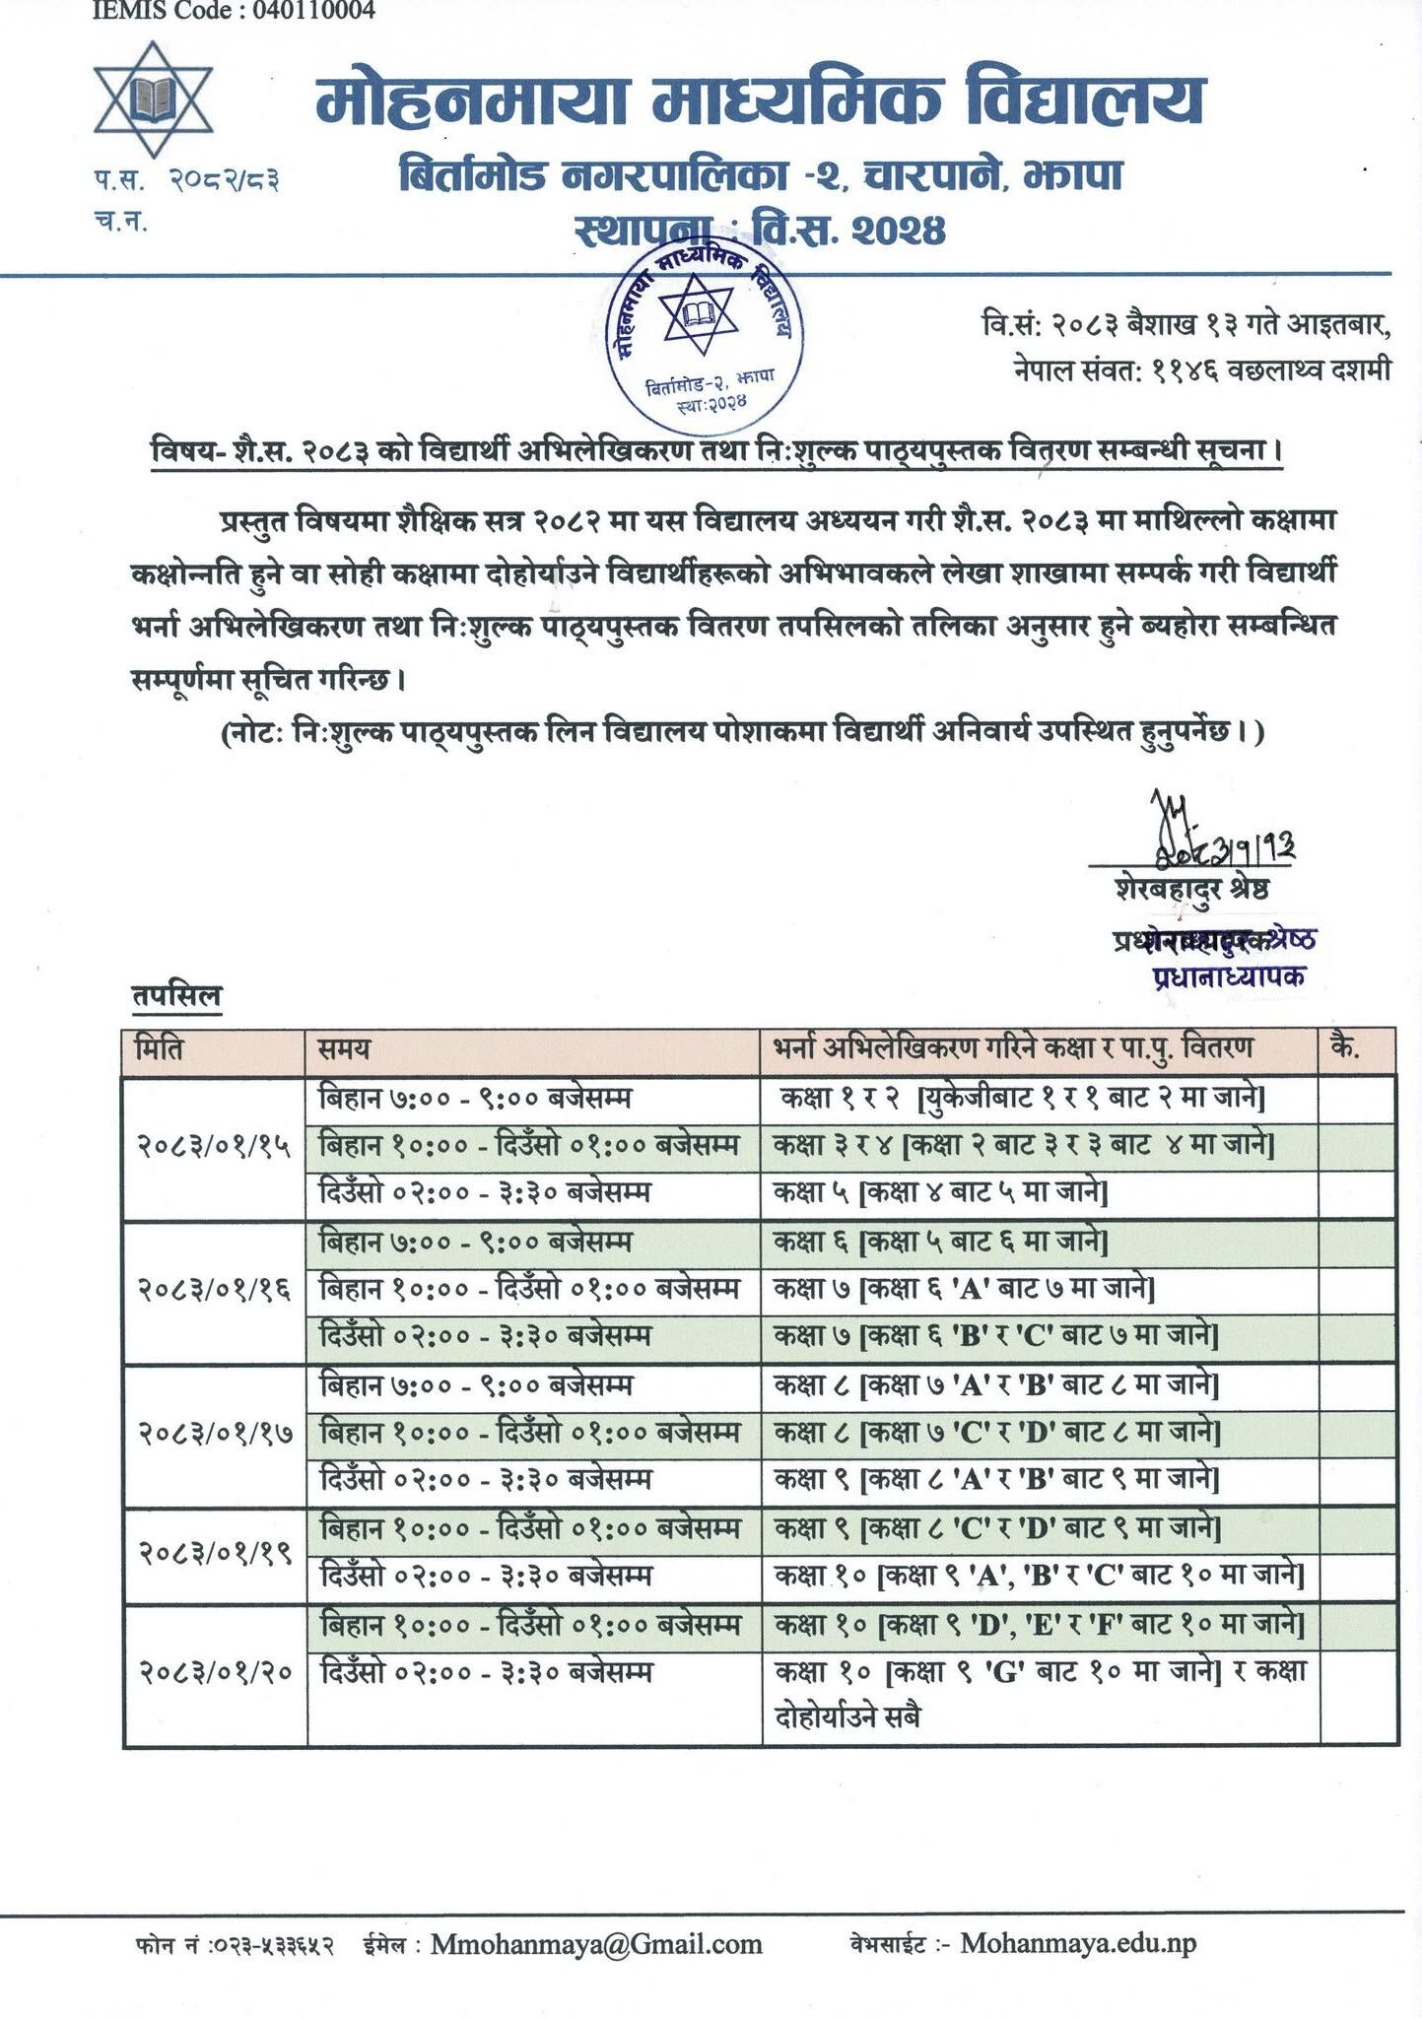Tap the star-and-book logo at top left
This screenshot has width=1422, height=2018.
click(153, 100)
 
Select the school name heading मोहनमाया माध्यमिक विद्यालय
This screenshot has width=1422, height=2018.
click(759, 101)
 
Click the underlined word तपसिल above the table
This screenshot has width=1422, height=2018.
click(177, 996)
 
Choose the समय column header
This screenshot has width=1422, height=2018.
click(344, 1048)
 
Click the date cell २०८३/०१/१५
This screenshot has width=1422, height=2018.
click(214, 1146)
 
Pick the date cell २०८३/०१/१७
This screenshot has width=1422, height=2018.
click(214, 1433)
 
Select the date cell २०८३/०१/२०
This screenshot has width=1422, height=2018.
click(214, 1672)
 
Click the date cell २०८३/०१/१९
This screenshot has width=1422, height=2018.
click(214, 1553)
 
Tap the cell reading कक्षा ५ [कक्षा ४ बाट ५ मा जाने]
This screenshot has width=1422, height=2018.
click(940, 1193)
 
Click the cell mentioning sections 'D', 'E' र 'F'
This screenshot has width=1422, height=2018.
click(1039, 1624)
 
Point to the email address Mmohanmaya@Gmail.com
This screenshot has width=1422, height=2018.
click(596, 1943)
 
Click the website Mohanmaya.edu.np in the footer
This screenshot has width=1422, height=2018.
click(1078, 1943)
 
